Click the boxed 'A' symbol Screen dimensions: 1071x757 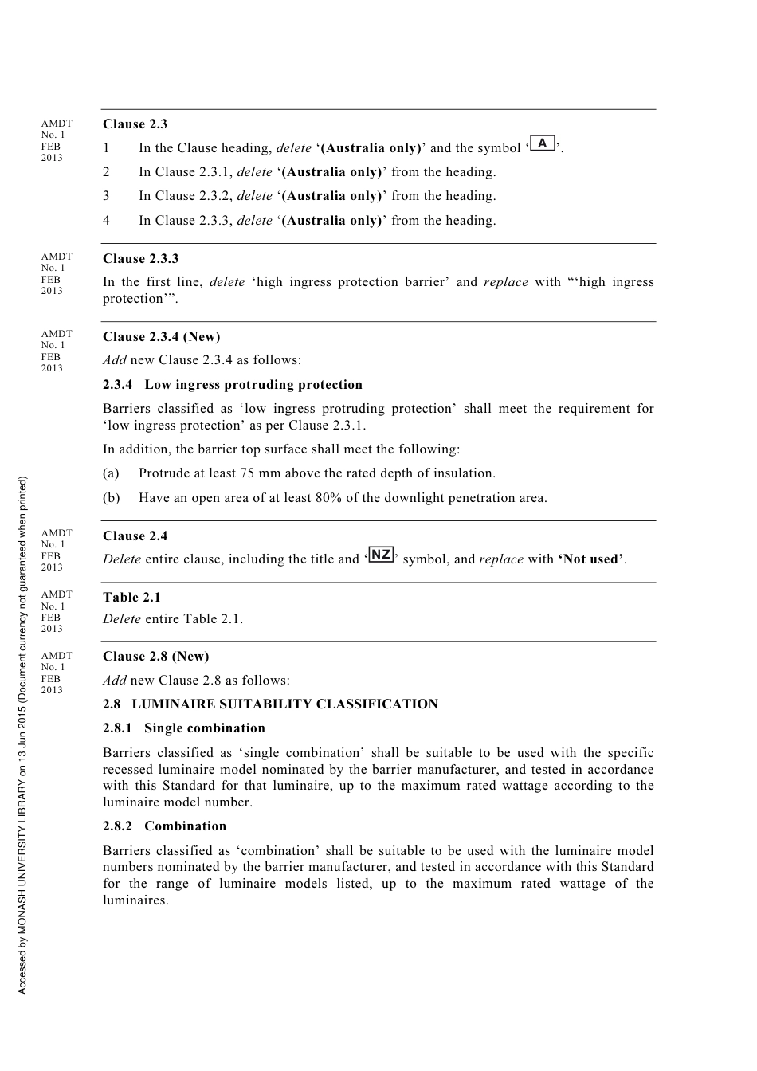pos(543,143)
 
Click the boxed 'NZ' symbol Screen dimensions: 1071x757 pos(382,555)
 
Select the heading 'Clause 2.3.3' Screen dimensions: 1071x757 pos(141,259)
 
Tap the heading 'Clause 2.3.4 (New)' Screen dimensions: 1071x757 pos(162,337)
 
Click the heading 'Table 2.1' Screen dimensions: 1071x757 pos(131,598)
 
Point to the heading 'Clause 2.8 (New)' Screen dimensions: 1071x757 pos(156,657)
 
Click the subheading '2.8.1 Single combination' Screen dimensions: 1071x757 pos(184,728)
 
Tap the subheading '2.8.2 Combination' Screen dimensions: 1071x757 pos(165,826)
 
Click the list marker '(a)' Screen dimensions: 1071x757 pos(111,473)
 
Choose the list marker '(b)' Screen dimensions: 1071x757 pos(112,498)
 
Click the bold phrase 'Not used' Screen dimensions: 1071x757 pos(593,559)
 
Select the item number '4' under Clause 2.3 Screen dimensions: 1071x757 pos(106,221)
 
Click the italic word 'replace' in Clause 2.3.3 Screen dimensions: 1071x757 pos(505,282)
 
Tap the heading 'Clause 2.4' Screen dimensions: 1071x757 pos(135,536)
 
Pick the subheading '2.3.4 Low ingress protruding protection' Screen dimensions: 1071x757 pos(233,385)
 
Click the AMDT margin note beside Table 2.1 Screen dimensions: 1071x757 pos(56,612)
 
